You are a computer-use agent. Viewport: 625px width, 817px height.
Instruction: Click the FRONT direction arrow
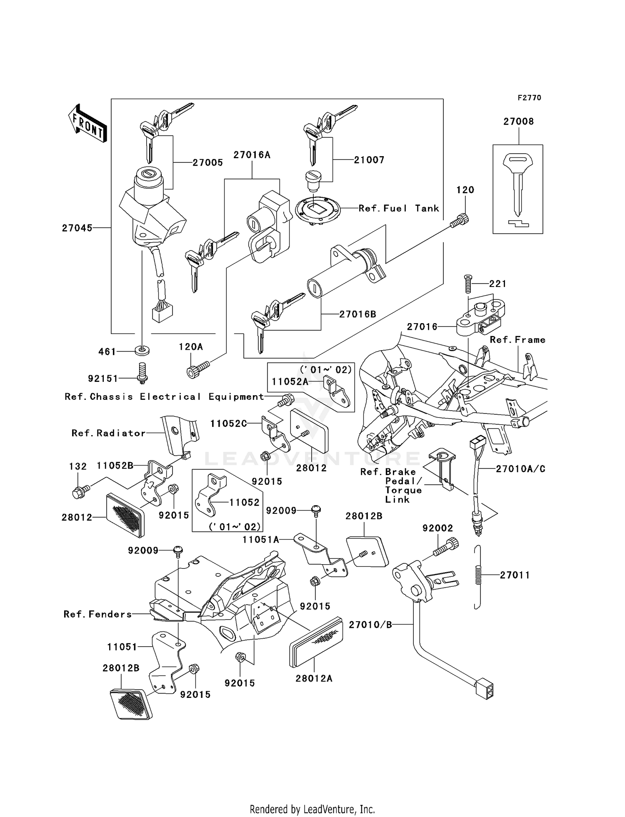point(88,124)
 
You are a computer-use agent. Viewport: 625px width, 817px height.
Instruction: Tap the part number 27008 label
point(518,122)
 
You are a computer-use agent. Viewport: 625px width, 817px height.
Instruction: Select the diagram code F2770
point(529,98)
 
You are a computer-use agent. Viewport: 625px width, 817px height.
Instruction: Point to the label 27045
point(77,228)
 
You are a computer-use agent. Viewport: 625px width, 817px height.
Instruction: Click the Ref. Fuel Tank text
point(399,209)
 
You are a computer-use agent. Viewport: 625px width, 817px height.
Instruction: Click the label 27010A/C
point(520,469)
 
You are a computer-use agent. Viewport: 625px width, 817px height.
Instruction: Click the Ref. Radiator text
point(109,433)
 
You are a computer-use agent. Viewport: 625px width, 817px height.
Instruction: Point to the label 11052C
point(228,423)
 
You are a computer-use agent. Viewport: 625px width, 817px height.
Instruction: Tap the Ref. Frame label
point(517,340)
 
